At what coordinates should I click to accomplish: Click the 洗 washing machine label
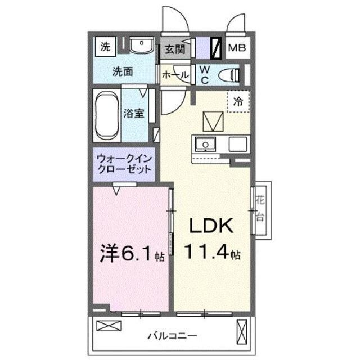pos(105,47)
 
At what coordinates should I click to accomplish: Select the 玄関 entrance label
pos(174,49)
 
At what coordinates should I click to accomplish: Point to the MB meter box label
pos(236,48)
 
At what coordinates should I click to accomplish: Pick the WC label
pos(204,74)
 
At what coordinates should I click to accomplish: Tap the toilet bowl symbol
pos(228,74)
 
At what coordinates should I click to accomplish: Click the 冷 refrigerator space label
pos(238,102)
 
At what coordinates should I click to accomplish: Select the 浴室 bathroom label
pos(134,113)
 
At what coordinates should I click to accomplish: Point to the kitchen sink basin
pos(205,145)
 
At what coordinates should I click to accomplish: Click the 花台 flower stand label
pos(260,209)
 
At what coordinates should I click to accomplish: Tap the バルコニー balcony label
pos(172,336)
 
